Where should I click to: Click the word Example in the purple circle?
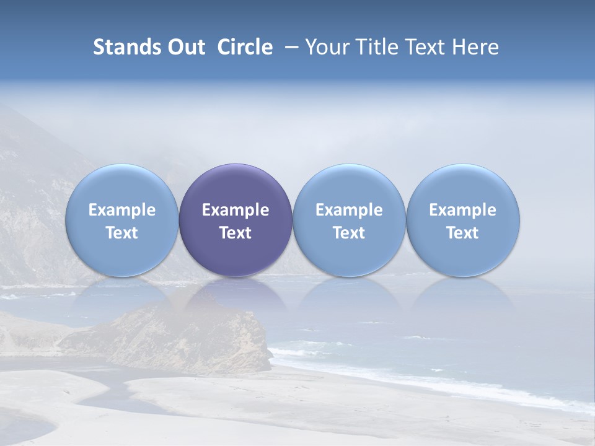tap(236, 210)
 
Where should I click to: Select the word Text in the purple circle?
tap(236, 233)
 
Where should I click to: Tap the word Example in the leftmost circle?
tap(122, 210)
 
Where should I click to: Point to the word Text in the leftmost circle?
tap(122, 233)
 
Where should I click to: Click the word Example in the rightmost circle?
tap(463, 210)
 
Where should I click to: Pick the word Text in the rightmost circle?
tap(463, 233)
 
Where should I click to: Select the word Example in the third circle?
tap(349, 210)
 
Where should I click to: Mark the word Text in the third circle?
tap(349, 233)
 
